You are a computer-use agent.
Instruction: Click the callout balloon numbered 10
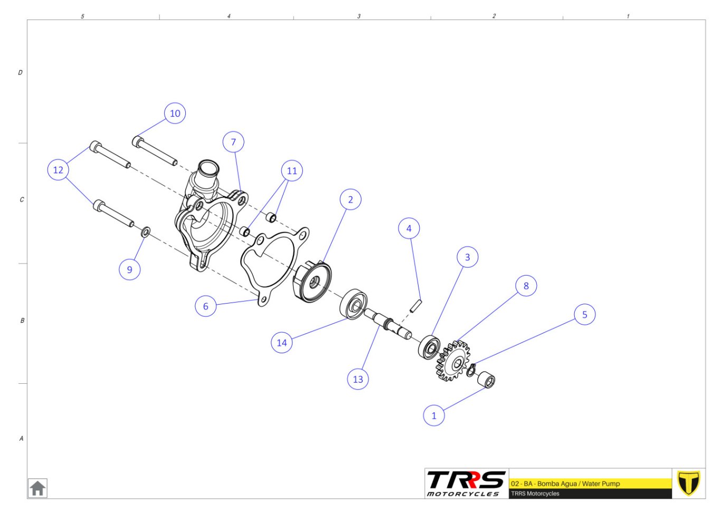175,114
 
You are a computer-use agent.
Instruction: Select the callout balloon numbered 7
233,142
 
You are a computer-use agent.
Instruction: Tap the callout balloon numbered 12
58,169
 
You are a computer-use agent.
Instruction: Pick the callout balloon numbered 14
282,343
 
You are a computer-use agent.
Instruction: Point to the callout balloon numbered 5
585,314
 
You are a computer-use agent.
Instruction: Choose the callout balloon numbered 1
434,415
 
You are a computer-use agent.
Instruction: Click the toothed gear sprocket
453,361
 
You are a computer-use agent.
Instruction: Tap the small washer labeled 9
146,231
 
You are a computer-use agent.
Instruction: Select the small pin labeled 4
416,306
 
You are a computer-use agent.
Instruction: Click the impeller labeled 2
312,282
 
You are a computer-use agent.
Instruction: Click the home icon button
37,488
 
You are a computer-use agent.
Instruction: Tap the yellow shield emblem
688,483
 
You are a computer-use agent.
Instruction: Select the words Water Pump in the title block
601,484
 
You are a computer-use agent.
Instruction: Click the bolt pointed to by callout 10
155,150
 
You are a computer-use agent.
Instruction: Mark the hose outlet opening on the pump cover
209,168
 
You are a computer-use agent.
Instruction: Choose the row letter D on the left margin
20,72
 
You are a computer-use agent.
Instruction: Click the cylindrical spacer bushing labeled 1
486,380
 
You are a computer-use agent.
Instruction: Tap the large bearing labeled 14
354,304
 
